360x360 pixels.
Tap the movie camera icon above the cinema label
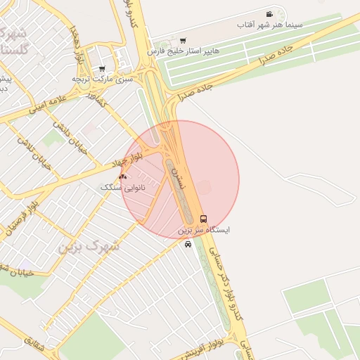pyautogui.click(x=269, y=14)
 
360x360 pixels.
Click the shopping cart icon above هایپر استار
pyautogui.click(x=184, y=40)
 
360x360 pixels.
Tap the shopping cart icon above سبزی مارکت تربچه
pyautogui.click(x=102, y=69)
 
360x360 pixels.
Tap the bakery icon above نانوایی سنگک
pyautogui.click(x=122, y=176)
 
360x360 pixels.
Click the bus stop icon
pyautogui.click(x=204, y=219)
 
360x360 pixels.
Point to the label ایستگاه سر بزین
pyautogui.click(x=204, y=230)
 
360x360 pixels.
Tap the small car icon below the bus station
pyautogui.click(x=188, y=244)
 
